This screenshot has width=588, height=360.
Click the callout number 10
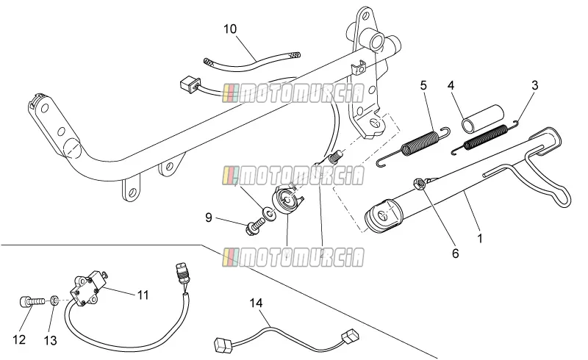pos(230,29)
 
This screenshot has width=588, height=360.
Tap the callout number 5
pos(423,85)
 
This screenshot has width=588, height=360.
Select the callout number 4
pos(451,85)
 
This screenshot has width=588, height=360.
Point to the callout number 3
pos(535,85)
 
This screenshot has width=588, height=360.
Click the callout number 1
pos(480,238)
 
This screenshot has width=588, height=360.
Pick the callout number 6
pos(455,253)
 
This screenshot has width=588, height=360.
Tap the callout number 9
pos(209,217)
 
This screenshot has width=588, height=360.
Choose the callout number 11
pos(143,295)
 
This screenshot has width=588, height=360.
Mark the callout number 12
pos(19,339)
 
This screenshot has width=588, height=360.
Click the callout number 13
pos(50,340)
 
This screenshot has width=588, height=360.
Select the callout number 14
pos(257,303)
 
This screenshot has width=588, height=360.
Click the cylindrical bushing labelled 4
pos(483,119)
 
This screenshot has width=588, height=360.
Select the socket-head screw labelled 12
pos(32,302)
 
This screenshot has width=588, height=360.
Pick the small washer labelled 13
pos(54,300)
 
